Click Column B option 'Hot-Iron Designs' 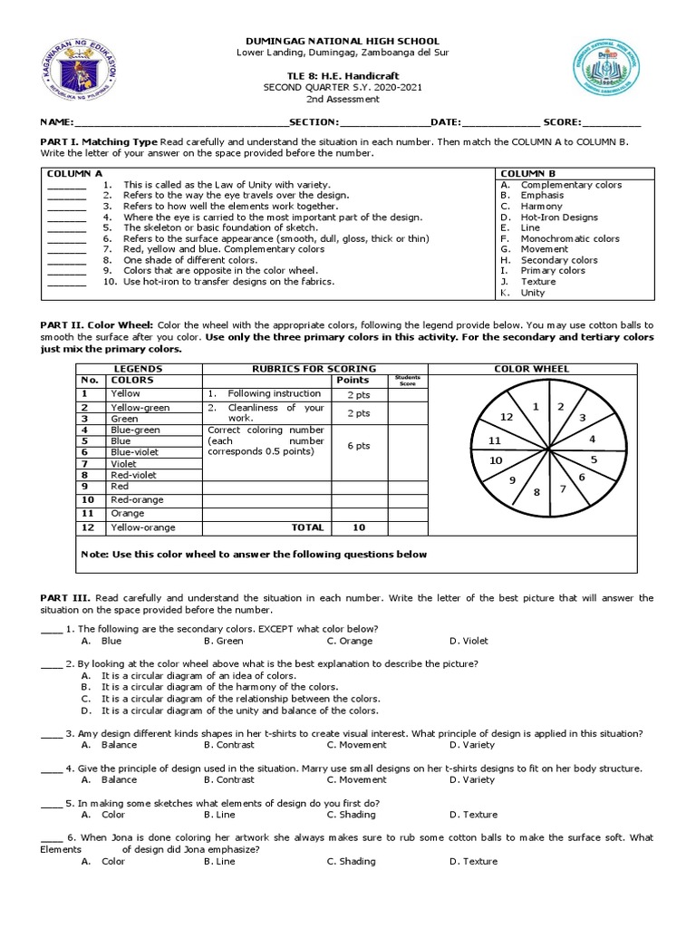pyautogui.click(x=558, y=217)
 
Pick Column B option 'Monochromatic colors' pyautogui.click(x=569, y=238)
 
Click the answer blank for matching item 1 pyautogui.click(x=66, y=185)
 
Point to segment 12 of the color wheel pyautogui.click(x=508, y=416)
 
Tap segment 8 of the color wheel pyautogui.click(x=536, y=491)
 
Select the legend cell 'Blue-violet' pyautogui.click(x=133, y=451)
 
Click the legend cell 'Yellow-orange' pyautogui.click(x=143, y=527)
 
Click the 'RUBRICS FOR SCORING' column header pyautogui.click(x=314, y=369)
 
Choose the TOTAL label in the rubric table pyautogui.click(x=306, y=527)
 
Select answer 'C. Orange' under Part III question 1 pyautogui.click(x=350, y=641)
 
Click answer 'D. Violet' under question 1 pyautogui.click(x=469, y=641)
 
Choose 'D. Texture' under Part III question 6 pyautogui.click(x=473, y=861)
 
